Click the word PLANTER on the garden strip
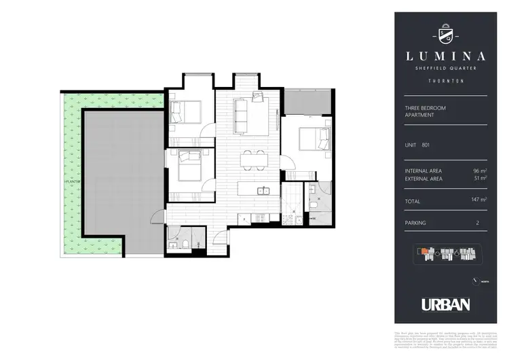(x=69, y=182)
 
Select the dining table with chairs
(x=254, y=158)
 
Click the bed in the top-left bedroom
(x=185, y=109)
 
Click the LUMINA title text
(x=441, y=56)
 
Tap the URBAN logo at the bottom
(x=441, y=304)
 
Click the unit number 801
(x=425, y=145)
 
